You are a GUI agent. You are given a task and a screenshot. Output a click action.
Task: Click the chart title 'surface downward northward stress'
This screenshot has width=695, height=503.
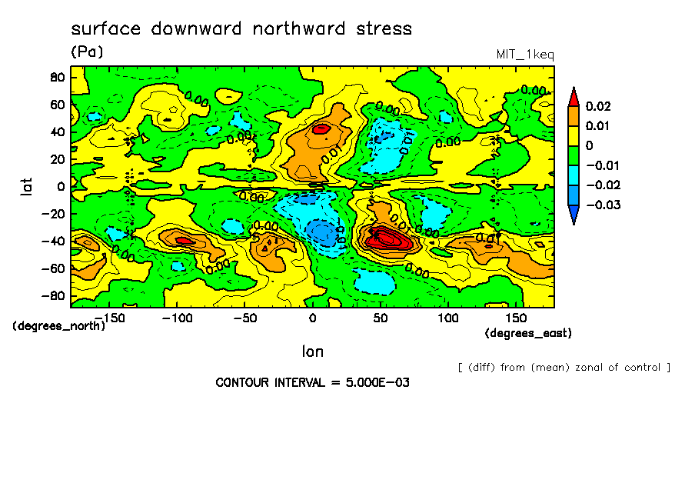point(241,29)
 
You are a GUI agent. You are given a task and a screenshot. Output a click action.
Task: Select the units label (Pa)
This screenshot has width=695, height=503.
point(87,52)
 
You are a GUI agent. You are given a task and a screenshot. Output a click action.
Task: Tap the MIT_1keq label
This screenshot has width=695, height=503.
point(525,54)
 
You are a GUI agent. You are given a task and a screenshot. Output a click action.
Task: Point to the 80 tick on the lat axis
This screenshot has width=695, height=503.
point(56,77)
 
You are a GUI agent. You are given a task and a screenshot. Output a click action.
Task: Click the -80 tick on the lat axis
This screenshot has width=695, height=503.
point(53,295)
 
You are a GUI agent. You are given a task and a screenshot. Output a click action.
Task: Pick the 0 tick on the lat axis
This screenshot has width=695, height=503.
point(60,186)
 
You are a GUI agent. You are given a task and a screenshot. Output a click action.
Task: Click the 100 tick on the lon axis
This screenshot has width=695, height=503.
point(448,318)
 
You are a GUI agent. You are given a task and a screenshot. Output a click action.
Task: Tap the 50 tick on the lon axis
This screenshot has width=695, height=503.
point(381,318)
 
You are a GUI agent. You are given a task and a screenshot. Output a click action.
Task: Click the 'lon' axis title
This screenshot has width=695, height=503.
point(312,351)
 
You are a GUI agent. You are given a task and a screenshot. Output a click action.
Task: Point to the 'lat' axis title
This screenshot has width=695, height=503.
point(28,185)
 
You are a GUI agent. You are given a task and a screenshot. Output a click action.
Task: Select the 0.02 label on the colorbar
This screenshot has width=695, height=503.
point(597,106)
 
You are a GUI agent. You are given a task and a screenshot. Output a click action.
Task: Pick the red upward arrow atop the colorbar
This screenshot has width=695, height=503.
point(573,96)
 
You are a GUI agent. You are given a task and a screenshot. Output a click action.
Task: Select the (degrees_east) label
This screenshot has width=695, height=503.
point(528,333)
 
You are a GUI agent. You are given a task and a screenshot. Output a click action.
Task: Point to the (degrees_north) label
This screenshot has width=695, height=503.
point(58,325)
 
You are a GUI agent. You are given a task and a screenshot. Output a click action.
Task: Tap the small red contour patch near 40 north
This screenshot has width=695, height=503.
point(321,128)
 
